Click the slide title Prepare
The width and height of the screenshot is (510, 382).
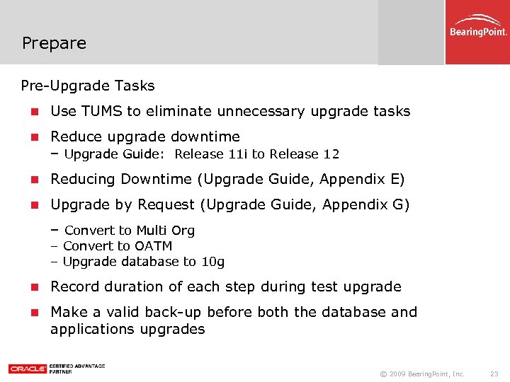click(54, 43)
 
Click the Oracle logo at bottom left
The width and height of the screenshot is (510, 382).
click(27, 369)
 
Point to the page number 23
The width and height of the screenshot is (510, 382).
click(494, 373)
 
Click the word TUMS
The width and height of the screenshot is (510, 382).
click(101, 111)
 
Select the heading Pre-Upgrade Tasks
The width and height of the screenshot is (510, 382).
click(88, 86)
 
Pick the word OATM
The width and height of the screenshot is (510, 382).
click(153, 246)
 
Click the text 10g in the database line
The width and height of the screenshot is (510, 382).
click(212, 262)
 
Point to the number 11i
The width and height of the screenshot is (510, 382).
click(238, 154)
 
